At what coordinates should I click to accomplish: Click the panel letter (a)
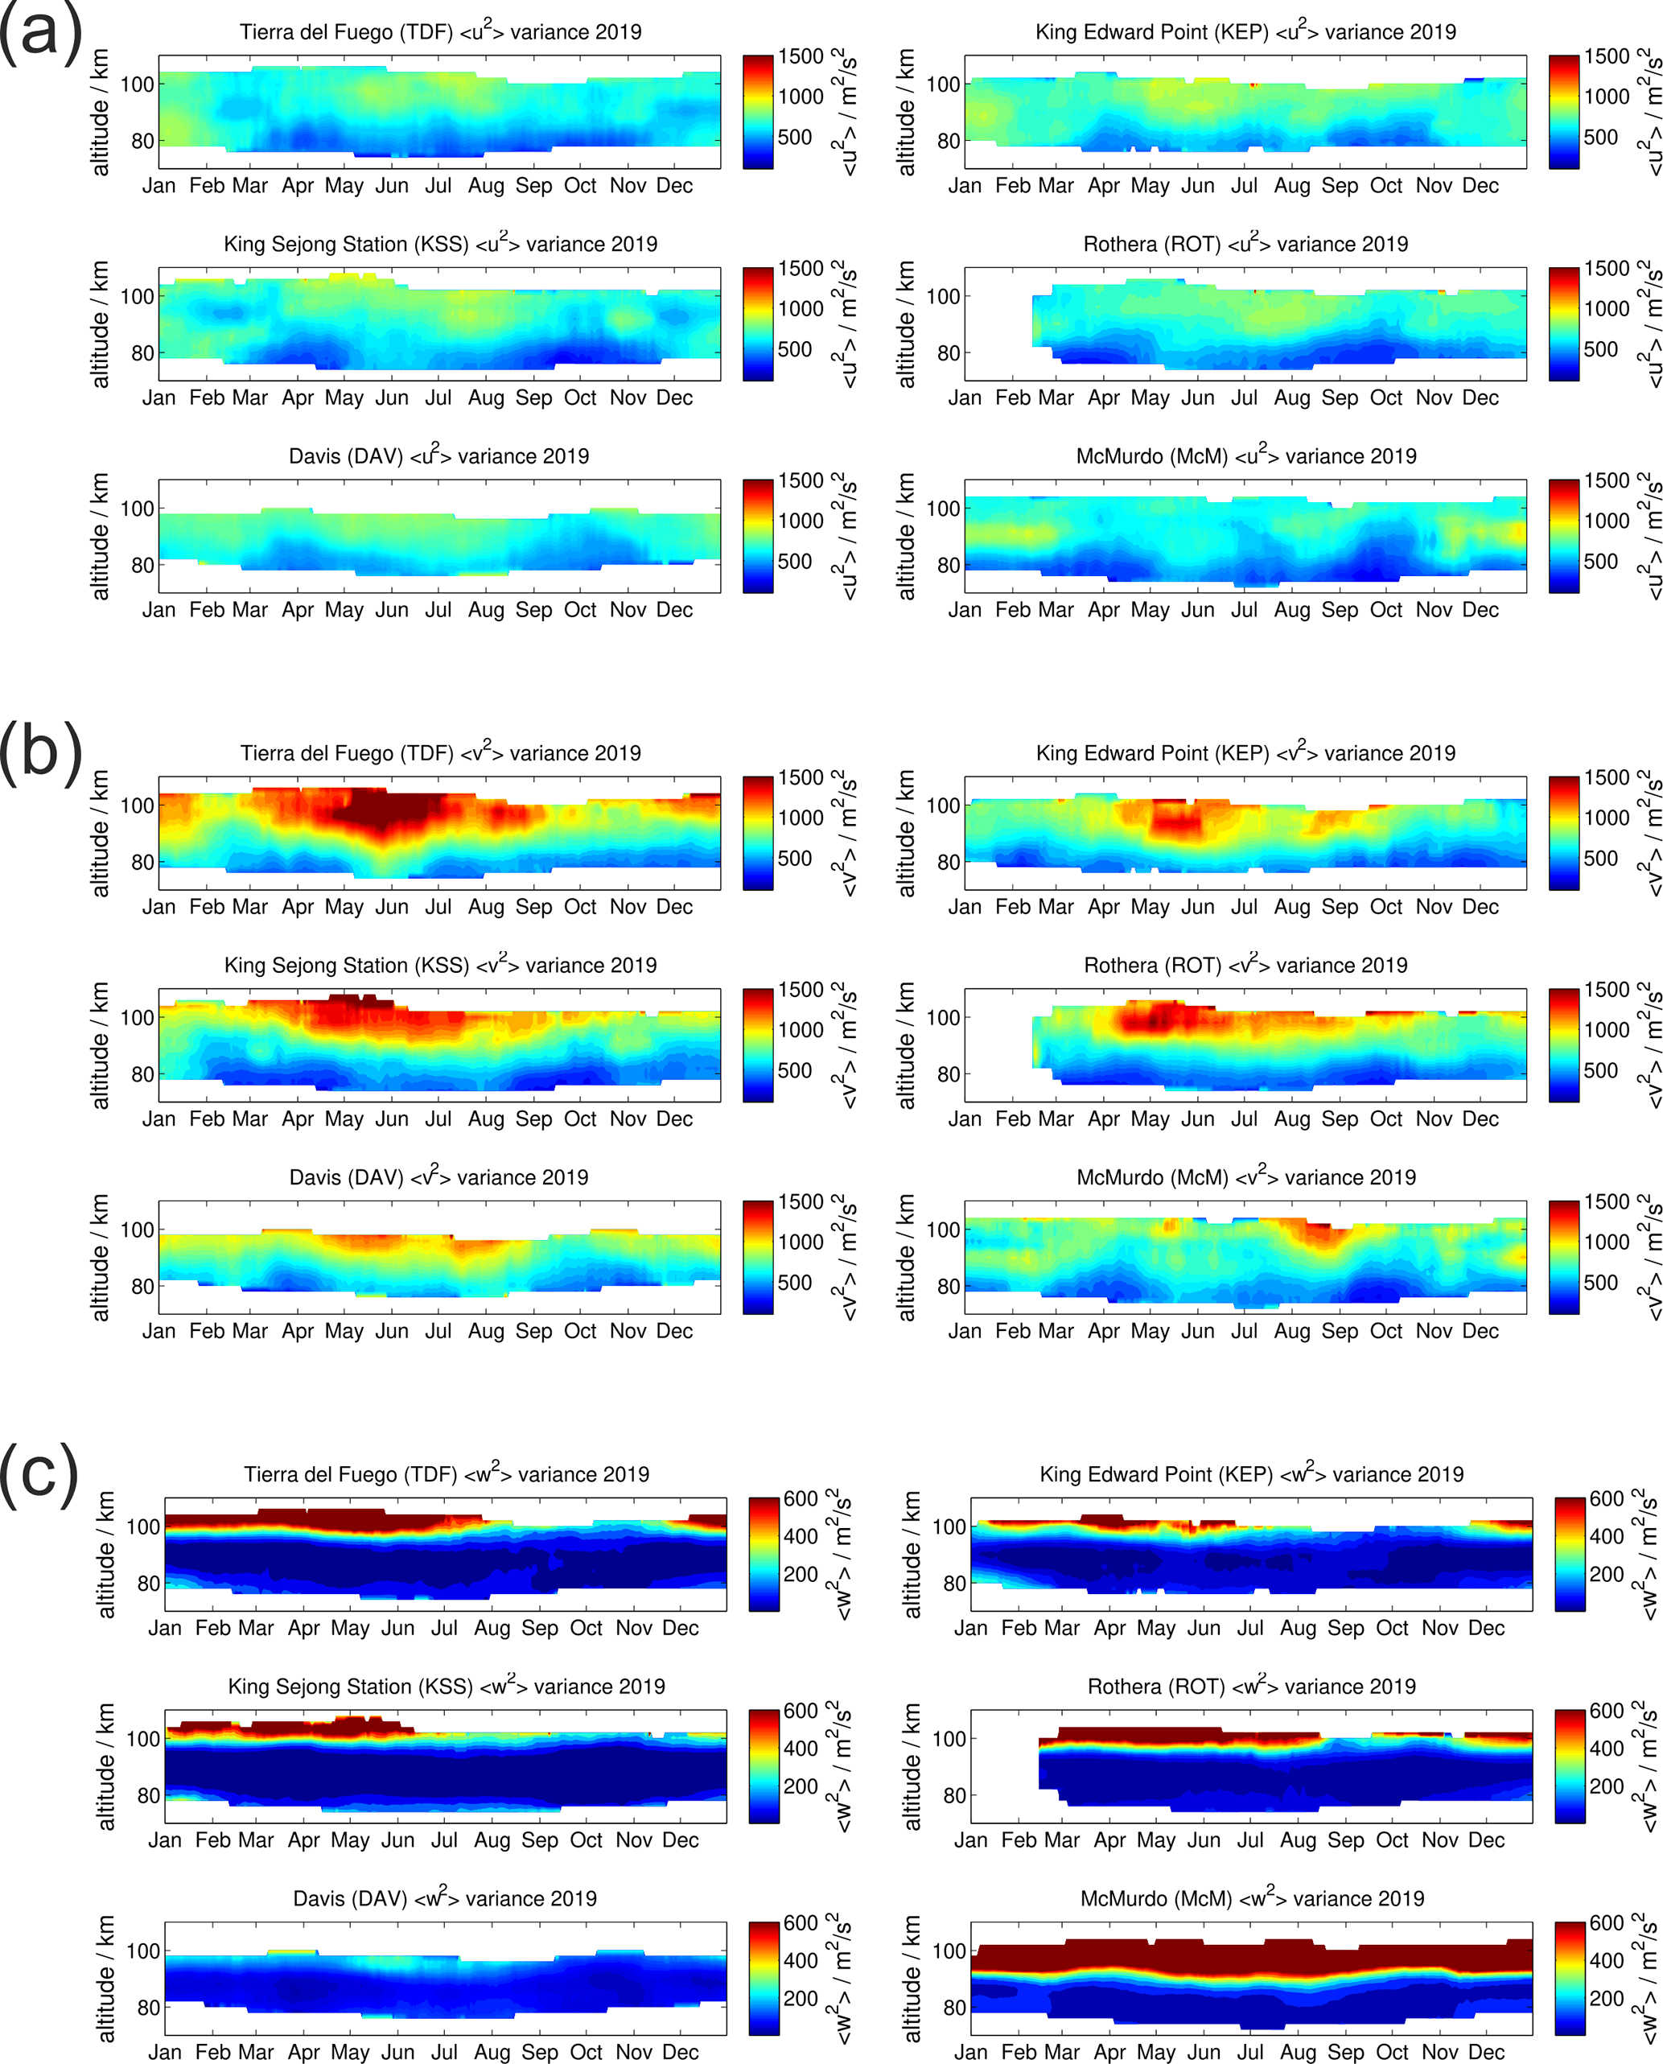(40, 35)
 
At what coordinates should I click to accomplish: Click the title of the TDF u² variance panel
(441, 31)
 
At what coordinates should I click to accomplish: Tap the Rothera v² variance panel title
(1245, 965)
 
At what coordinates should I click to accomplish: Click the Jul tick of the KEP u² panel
(1243, 186)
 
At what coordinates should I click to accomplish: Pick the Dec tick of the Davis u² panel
(674, 611)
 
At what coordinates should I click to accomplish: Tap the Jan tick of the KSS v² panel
(159, 1119)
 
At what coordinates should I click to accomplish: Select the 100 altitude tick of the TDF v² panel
(137, 805)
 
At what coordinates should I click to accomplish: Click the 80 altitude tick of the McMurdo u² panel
(948, 566)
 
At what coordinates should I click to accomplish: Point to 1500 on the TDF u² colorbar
(801, 56)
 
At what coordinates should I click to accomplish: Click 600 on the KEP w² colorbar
(1607, 1498)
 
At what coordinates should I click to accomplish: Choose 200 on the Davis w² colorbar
(801, 1998)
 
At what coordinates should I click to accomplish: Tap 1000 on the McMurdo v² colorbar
(1607, 1242)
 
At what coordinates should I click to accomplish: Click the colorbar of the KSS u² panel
(758, 323)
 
